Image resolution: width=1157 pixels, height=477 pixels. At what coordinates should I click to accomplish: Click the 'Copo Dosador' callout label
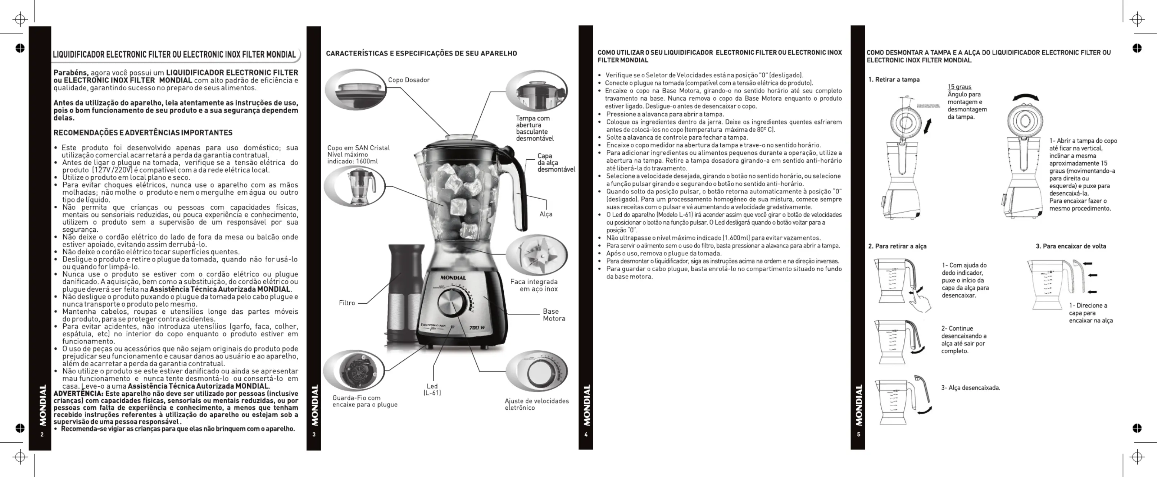point(408,80)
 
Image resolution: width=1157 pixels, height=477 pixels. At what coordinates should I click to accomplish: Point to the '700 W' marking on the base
point(477,327)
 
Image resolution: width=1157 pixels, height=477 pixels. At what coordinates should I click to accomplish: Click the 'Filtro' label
point(347,303)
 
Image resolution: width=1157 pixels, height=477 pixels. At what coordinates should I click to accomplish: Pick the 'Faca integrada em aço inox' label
point(534,285)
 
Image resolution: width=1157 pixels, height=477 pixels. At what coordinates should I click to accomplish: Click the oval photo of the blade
point(536,255)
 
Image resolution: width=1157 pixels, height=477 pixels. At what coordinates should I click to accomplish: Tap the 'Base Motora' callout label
point(553,315)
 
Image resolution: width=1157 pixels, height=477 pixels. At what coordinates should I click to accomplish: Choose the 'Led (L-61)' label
point(432,390)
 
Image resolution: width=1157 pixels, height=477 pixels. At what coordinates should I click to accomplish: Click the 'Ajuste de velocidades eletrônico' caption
point(536,404)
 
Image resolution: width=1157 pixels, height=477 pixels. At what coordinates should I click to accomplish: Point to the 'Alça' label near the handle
point(546,214)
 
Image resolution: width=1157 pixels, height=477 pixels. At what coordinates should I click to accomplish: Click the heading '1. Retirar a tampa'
point(894,79)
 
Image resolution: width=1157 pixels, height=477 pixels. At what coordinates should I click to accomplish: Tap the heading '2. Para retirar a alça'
point(897,246)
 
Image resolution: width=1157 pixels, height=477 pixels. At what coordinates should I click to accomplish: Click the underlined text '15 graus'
point(959,87)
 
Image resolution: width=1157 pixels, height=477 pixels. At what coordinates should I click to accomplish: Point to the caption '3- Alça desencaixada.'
point(971,388)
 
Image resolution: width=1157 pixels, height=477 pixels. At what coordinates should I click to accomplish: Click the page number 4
point(586,434)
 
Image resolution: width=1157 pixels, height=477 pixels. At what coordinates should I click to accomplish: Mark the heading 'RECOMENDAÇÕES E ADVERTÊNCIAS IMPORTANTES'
point(143,133)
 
